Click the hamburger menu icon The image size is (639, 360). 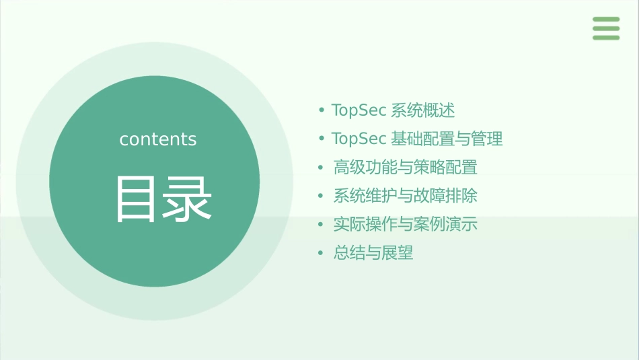coord(605,28)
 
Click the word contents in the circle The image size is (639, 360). coord(158,139)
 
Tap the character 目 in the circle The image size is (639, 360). coord(136,199)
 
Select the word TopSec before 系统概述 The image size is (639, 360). coord(359,110)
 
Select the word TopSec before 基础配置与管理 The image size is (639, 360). coord(359,139)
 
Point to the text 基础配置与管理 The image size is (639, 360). coord(447,139)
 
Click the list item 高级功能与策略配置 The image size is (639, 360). coord(405,168)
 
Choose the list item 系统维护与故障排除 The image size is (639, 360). coord(405,196)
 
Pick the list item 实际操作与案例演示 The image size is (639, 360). coord(405,225)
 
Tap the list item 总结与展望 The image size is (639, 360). coord(373,253)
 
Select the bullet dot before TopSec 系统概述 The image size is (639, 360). coord(322,110)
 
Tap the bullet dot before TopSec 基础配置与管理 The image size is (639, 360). coord(322,139)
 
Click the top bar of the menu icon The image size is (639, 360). coord(605,20)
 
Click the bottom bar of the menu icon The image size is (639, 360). coord(605,37)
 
